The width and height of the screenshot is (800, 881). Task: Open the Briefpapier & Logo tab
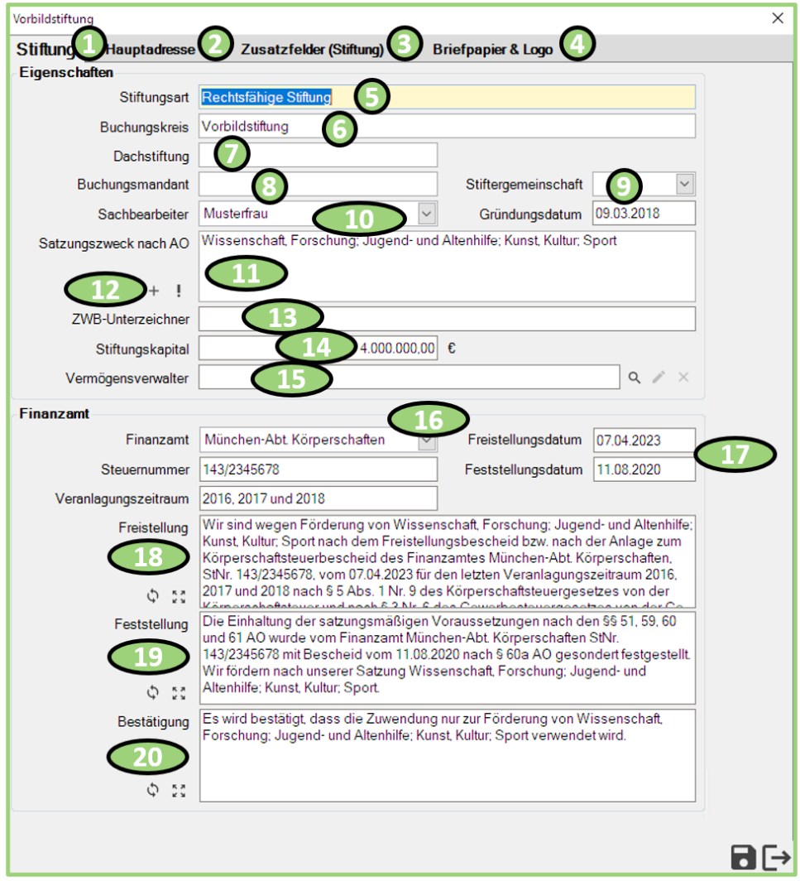coord(492,49)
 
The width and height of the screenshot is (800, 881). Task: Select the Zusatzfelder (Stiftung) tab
coord(312,49)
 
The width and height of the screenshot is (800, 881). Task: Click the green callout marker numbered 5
coord(371,97)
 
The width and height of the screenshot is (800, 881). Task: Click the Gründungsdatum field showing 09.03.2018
coord(643,213)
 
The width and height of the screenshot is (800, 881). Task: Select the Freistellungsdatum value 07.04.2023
coord(643,440)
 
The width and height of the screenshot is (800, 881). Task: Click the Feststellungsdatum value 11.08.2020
coord(643,469)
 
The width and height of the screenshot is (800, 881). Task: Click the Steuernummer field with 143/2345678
coord(318,469)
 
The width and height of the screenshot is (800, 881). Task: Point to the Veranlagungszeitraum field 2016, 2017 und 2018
coord(318,498)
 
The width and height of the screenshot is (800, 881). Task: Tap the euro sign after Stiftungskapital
coord(452,349)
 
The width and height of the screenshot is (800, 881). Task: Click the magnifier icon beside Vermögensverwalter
coord(633,378)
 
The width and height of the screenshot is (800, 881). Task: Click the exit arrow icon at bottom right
coord(776,857)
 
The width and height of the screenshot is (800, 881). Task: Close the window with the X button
coord(777,18)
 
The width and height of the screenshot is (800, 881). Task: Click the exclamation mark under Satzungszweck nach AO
coord(178,291)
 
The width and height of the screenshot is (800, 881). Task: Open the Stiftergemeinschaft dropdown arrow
coord(684,183)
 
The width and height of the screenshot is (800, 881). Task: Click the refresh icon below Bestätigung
coord(152,790)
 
